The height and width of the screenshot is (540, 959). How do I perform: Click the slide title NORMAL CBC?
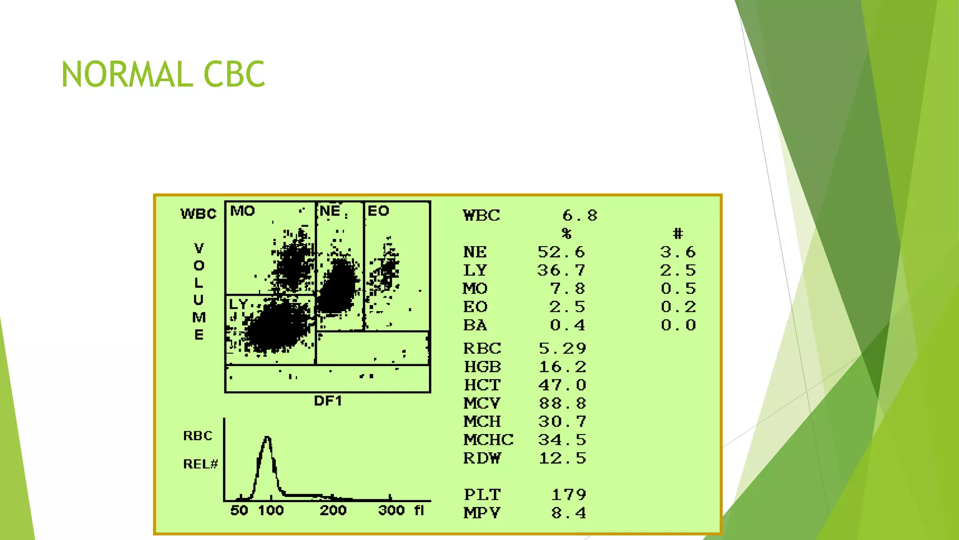[x=163, y=74]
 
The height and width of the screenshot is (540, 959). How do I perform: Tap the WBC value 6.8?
[x=580, y=215]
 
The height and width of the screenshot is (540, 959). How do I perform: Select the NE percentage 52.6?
[x=561, y=252]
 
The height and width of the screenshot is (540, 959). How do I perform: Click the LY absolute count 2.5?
[x=678, y=270]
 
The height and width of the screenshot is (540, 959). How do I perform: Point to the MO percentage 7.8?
[x=568, y=289]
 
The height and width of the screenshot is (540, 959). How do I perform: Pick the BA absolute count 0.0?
[x=678, y=325]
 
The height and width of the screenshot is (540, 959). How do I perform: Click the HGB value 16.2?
[x=562, y=367]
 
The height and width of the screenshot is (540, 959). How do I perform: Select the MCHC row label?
[x=488, y=440]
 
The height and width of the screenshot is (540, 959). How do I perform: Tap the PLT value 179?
[x=568, y=495]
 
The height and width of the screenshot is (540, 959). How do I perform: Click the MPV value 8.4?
[x=568, y=513]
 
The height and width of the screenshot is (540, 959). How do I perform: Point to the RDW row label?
[x=482, y=458]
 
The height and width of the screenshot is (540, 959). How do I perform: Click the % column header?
[x=567, y=233]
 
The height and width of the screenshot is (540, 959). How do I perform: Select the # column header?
[x=678, y=233]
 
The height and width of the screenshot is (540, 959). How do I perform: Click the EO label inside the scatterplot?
[x=378, y=211]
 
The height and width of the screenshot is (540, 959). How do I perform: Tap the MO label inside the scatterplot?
[x=243, y=211]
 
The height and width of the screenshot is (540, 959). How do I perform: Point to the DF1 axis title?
[x=328, y=401]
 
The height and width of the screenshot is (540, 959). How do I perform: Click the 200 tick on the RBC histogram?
[x=333, y=510]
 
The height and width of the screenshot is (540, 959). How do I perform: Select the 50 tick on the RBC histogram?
[x=239, y=510]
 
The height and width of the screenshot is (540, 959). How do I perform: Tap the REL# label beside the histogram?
[x=200, y=465]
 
